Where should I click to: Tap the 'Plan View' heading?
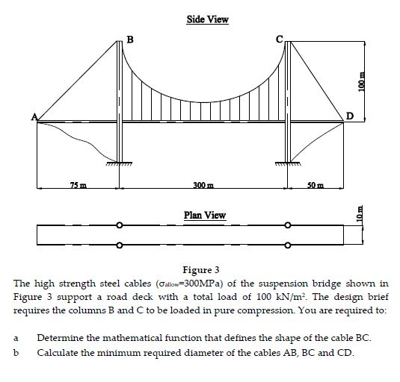point(204,216)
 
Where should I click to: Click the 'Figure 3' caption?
point(200,270)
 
